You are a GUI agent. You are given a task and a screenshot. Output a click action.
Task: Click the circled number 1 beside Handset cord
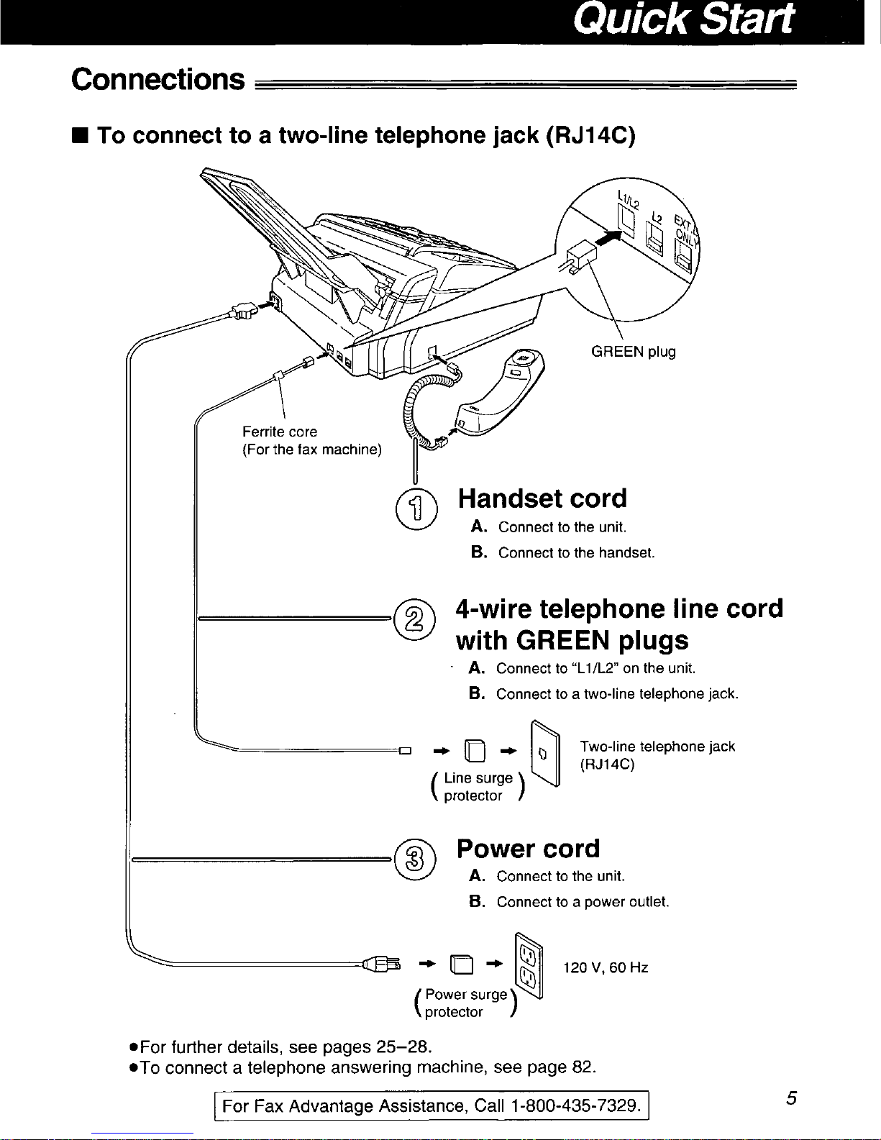point(416,509)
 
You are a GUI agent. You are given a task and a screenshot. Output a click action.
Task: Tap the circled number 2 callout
point(414,619)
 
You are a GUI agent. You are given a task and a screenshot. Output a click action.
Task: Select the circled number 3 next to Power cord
point(414,859)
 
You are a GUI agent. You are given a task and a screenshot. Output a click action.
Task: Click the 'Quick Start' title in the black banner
point(683,19)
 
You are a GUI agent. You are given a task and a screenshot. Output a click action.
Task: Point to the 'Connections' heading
point(158,80)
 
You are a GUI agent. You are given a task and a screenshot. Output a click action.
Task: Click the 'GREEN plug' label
point(634,352)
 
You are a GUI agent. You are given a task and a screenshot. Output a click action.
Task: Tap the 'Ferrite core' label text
point(280,432)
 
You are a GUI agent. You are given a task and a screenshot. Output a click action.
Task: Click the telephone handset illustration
point(499,393)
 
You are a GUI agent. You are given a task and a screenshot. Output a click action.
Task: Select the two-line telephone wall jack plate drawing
point(545,753)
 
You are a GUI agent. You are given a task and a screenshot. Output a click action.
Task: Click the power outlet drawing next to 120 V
point(529,966)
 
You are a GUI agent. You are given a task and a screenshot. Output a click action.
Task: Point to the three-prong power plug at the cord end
point(382,965)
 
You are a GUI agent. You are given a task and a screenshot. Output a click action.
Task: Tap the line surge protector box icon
point(475,751)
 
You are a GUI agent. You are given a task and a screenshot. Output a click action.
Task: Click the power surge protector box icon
point(462,965)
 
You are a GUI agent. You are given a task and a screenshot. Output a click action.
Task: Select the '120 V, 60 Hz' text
point(606,967)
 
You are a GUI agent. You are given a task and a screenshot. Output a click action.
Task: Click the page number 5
point(791,1098)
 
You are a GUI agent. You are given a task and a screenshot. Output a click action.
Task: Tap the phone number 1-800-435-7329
point(575,1106)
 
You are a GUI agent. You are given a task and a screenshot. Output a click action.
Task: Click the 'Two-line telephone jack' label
point(657,746)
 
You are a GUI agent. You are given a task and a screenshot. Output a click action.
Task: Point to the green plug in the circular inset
point(580,257)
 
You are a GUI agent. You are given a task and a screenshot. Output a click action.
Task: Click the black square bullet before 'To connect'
point(81,136)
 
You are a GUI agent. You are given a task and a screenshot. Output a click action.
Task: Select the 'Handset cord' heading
point(542,498)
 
